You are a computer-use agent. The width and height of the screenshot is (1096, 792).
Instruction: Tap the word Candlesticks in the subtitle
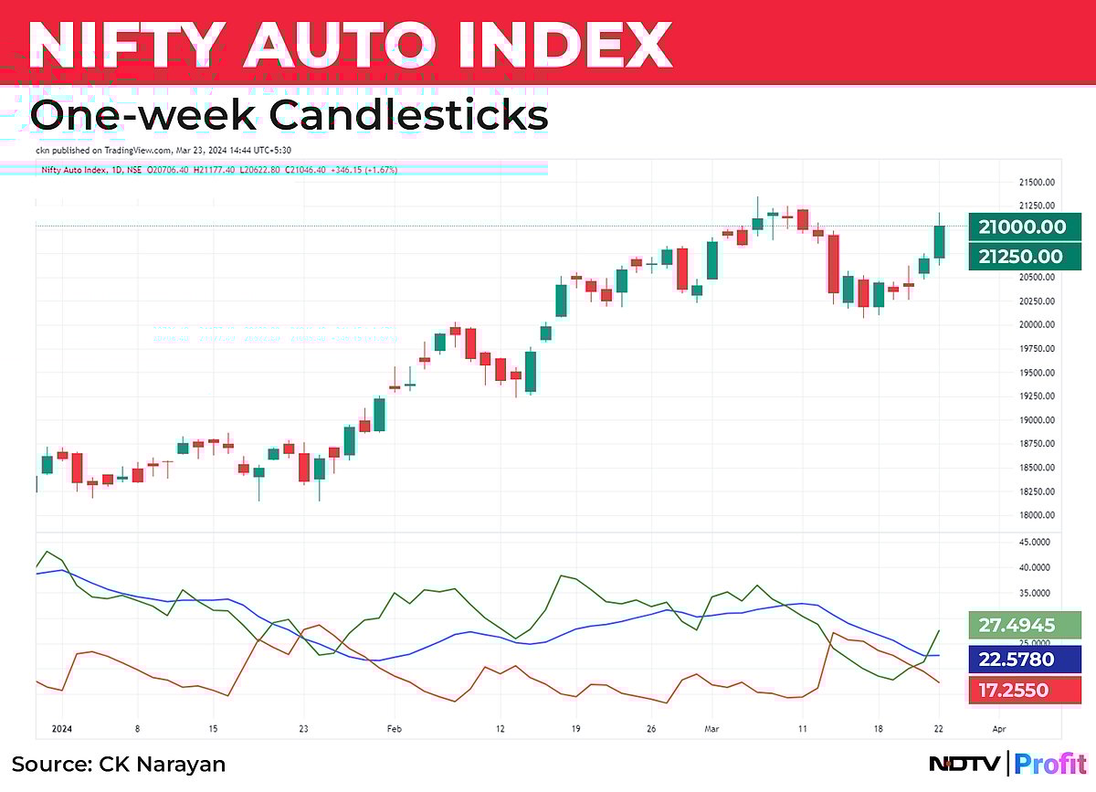pos(407,116)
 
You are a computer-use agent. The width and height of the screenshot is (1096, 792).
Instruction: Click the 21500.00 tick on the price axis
pos(1036,183)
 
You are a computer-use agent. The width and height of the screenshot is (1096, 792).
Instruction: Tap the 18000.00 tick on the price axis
pos(1036,515)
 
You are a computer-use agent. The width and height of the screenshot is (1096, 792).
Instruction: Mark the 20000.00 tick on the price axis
pos(1036,325)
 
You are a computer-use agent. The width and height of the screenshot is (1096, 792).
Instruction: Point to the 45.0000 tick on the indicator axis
pos(1036,542)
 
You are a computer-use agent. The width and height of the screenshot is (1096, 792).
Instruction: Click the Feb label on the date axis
pos(395,729)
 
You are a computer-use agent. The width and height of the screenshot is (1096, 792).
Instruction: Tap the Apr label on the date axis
pos(998,729)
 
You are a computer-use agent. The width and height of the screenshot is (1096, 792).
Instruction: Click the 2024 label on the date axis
pos(62,729)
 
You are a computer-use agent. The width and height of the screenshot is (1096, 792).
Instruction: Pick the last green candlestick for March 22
pos(939,241)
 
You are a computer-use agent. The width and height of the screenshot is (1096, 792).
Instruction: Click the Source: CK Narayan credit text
pos(119,764)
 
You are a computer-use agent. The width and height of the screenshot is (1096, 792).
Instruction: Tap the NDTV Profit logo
pos(1006,764)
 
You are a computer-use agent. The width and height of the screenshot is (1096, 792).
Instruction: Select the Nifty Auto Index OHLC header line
pos(219,169)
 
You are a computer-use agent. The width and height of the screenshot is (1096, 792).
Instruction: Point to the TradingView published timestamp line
pos(163,150)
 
